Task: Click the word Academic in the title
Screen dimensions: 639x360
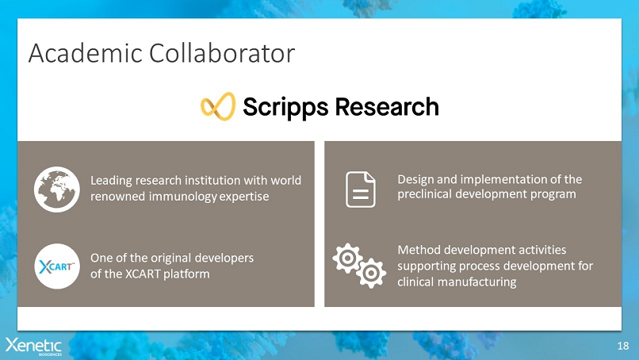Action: (x=85, y=53)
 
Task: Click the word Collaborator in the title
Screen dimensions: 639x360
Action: (x=222, y=53)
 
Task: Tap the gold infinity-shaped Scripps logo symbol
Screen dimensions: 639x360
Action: (x=218, y=106)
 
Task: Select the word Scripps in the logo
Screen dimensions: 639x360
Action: (x=285, y=108)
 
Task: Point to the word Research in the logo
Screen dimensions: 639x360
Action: (x=387, y=106)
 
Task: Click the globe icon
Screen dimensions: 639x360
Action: (x=57, y=190)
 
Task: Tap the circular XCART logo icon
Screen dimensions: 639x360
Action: (x=57, y=266)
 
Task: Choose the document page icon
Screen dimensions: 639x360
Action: (x=361, y=190)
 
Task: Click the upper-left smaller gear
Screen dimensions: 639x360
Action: (x=347, y=258)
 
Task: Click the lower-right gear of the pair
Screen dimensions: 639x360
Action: (x=371, y=273)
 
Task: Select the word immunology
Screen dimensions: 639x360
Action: (x=182, y=197)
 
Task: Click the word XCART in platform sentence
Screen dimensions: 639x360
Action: (x=142, y=274)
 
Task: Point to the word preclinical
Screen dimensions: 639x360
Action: (x=424, y=194)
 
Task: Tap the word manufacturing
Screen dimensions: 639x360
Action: (x=476, y=282)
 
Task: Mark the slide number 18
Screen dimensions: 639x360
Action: (x=623, y=347)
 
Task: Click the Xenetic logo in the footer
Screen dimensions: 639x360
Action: (x=33, y=347)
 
